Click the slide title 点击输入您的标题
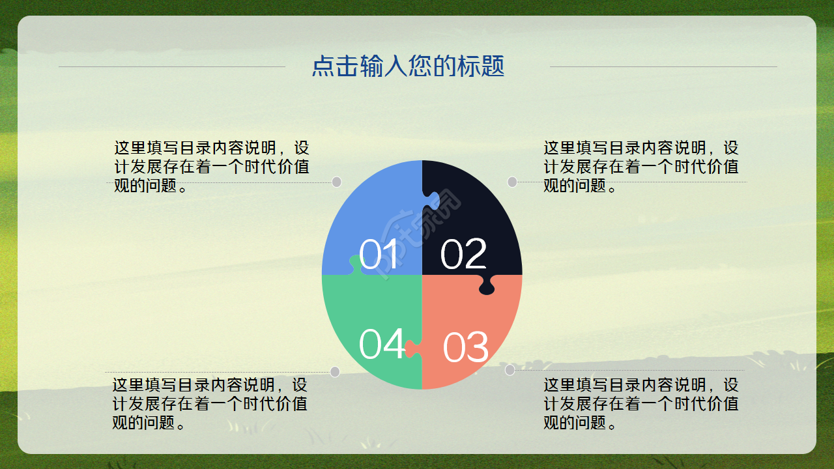tap(408, 66)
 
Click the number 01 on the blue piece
tap(379, 255)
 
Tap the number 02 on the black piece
tap(463, 254)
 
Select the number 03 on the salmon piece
tap(465, 347)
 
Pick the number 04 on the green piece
tap(382, 344)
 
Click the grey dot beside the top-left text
tap(337, 182)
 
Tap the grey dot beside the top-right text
tap(512, 182)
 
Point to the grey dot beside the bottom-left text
tap(335, 372)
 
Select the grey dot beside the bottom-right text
tap(510, 370)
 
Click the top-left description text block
tap(211, 167)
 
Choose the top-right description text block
tap(641, 167)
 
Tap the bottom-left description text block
tap(210, 404)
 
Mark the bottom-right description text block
tap(641, 404)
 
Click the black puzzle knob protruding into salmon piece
tap(487, 285)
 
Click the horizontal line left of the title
tap(172, 66)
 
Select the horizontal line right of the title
tap(663, 66)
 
